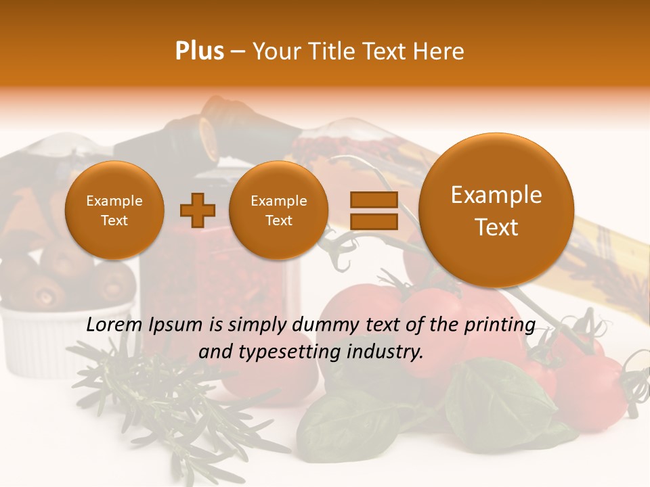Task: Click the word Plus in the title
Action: coord(199,51)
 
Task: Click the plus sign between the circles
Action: coord(198,210)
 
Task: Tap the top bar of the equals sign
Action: coord(373,200)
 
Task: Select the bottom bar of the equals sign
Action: coord(373,221)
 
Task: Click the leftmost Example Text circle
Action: coord(114,210)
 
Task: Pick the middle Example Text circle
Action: coord(279,210)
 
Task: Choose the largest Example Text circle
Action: coord(496,210)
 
